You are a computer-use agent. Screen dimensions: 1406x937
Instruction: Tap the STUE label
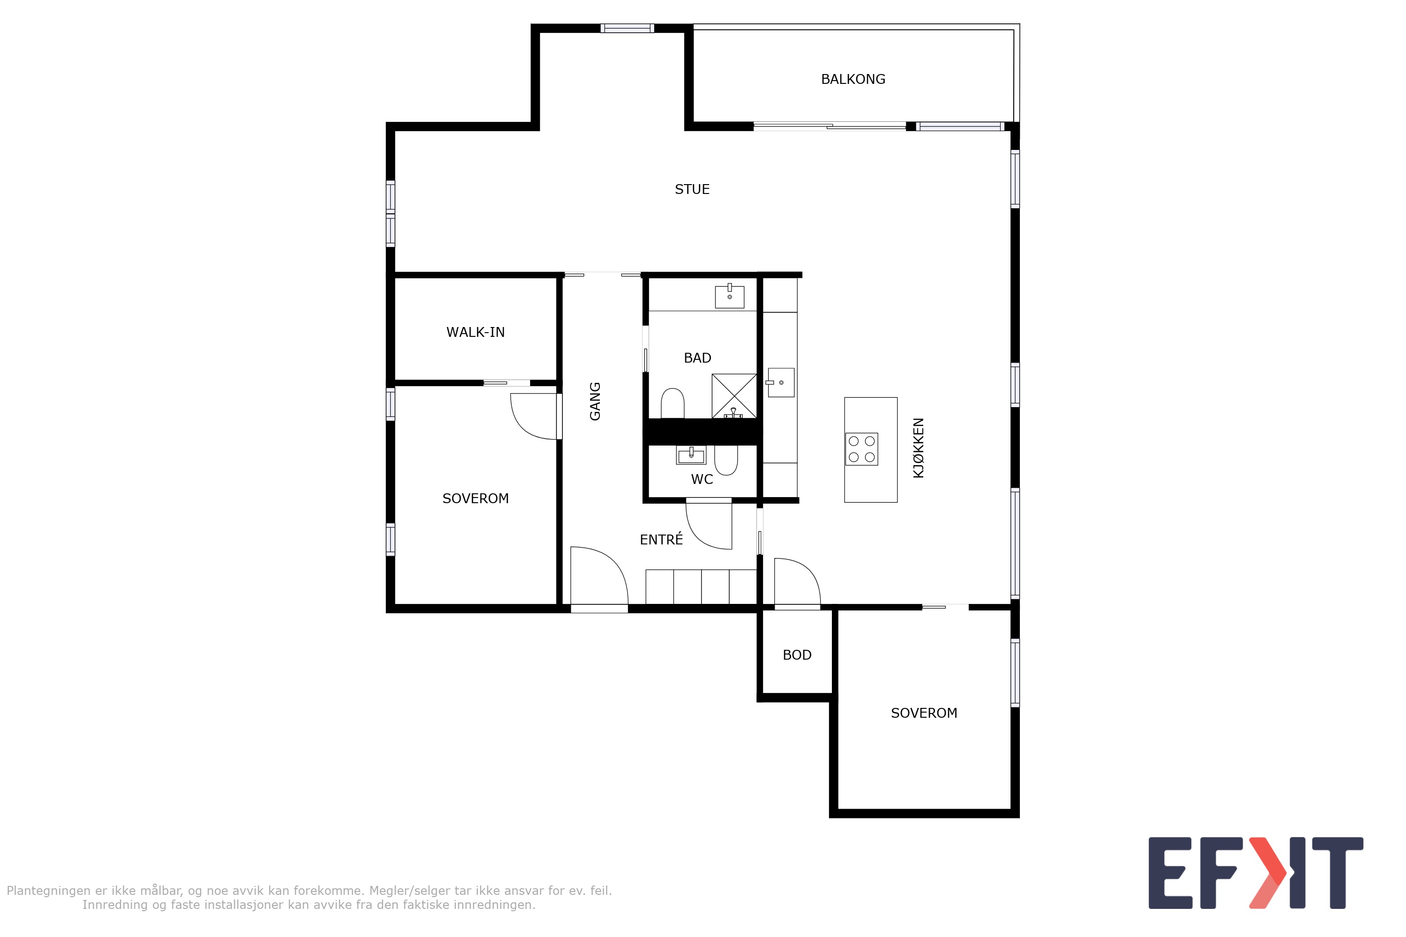[692, 189]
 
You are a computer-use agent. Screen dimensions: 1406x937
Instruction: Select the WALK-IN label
[475, 332]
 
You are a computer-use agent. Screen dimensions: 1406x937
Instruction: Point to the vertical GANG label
[595, 401]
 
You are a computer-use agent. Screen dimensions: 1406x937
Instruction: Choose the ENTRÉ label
[661, 539]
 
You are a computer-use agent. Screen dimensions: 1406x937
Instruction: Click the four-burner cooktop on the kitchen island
[861, 449]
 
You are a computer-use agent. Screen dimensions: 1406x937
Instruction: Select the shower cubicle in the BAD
[734, 395]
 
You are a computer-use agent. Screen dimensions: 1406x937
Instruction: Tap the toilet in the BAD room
[673, 403]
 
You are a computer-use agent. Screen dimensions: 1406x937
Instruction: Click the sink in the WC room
[691, 455]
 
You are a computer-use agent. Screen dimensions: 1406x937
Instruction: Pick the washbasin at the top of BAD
[729, 296]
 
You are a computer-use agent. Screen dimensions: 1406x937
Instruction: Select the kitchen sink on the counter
[780, 382]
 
